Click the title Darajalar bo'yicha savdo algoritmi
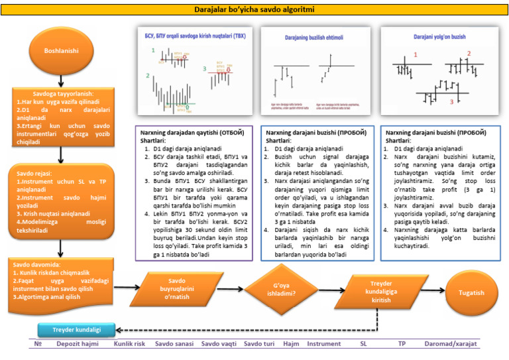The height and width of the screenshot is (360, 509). (x=254, y=10)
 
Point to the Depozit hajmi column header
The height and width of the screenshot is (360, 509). (x=77, y=345)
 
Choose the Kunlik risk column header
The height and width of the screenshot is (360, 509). (x=130, y=345)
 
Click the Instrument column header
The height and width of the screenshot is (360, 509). (x=324, y=345)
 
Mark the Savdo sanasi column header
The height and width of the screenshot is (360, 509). (x=174, y=345)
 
